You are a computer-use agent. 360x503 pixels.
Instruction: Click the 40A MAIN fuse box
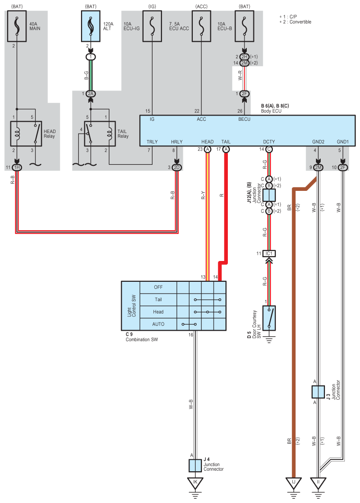[x=17, y=26]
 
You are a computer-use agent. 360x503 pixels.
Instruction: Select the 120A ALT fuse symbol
[x=90, y=26]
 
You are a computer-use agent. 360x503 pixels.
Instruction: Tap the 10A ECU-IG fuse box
[x=152, y=26]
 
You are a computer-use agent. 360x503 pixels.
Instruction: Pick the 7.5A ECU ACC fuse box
[x=201, y=26]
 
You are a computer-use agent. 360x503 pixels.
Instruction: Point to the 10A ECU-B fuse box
[x=244, y=26]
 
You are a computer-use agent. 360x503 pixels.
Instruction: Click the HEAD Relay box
[x=26, y=134]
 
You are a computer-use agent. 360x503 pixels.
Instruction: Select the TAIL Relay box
[x=100, y=134]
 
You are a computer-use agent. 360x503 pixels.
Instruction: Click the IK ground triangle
[x=195, y=483]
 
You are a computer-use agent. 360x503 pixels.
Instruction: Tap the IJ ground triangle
[x=293, y=483]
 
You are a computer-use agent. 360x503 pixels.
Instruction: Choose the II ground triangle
[x=318, y=483]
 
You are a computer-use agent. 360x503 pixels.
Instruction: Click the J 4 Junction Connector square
[x=195, y=466]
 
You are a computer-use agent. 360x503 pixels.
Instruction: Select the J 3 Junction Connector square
[x=318, y=392]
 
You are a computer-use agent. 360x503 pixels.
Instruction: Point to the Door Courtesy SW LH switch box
[x=269, y=318]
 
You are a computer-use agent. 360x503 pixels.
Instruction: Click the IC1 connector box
[x=269, y=253]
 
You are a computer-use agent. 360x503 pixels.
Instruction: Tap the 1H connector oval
[x=17, y=168]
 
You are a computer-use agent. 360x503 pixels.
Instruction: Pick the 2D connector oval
[x=177, y=168]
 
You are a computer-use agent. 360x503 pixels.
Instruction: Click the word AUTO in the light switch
[x=158, y=324]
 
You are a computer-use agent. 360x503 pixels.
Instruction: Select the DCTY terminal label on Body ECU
[x=269, y=142]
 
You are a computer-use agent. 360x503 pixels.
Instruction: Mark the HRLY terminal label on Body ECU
[x=177, y=142]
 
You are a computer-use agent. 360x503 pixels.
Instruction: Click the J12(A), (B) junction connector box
[x=269, y=195]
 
